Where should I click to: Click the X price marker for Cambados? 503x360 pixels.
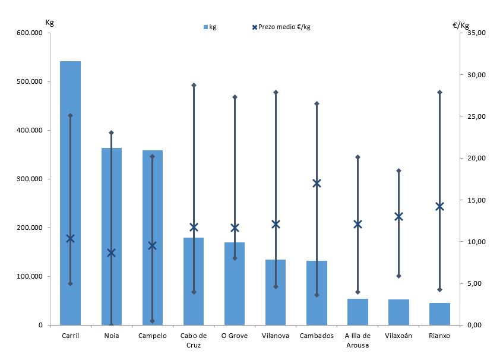[x=317, y=183]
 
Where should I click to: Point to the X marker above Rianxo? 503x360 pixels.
[x=439, y=206]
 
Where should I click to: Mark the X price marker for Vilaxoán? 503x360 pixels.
[x=398, y=216]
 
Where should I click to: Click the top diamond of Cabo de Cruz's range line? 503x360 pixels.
[x=194, y=86]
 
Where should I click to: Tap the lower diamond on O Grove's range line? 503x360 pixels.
[x=235, y=258]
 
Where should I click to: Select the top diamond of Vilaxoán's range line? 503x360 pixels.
[x=398, y=170]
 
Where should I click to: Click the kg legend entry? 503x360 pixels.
[x=210, y=27]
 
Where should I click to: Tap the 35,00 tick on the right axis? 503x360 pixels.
[x=477, y=33]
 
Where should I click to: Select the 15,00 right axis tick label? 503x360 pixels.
[x=477, y=200]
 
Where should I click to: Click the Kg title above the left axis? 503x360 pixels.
[x=49, y=22]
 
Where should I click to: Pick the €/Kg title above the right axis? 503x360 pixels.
[x=461, y=24]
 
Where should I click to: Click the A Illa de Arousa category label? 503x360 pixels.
[x=358, y=340]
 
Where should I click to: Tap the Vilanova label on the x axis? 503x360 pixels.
[x=276, y=336]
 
